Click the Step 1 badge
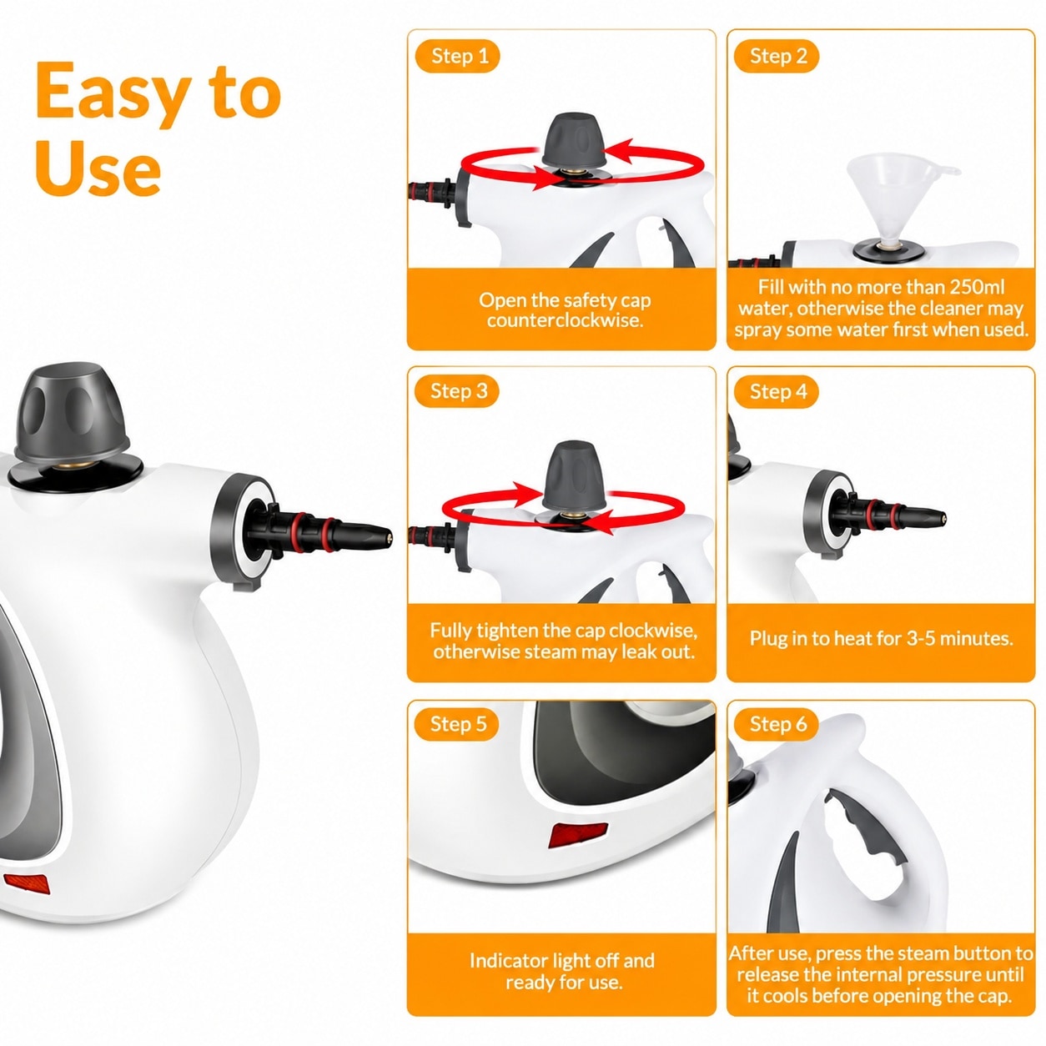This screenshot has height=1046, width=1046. click(457, 57)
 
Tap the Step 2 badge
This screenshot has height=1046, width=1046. click(776, 57)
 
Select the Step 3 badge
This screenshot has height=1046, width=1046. click(456, 391)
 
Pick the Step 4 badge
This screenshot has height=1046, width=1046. click(776, 391)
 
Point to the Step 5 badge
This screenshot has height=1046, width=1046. click(456, 724)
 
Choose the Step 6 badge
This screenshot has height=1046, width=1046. click(776, 724)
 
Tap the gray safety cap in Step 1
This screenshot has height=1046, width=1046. click(574, 140)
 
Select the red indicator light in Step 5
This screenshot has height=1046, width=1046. click(577, 834)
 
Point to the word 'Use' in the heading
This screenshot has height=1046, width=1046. click(98, 166)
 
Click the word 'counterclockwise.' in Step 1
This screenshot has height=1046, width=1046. click(565, 320)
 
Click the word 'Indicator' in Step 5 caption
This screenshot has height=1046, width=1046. click(507, 960)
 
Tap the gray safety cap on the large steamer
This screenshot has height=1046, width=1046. click(73, 413)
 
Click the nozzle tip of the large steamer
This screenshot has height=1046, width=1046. click(389, 537)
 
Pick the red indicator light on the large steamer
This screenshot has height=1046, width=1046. click(28, 884)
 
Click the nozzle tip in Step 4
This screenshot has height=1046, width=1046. click(943, 518)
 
